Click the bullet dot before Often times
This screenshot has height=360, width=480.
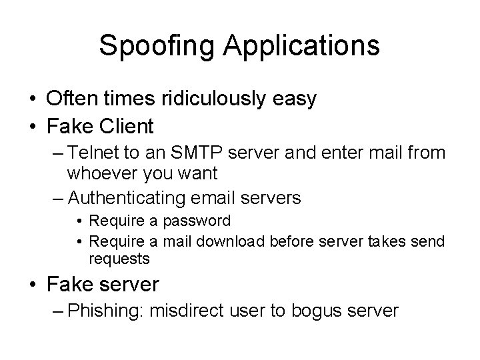click(x=32, y=99)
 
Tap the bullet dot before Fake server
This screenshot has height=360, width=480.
click(x=32, y=285)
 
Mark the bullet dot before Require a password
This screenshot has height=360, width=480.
click(x=79, y=221)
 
